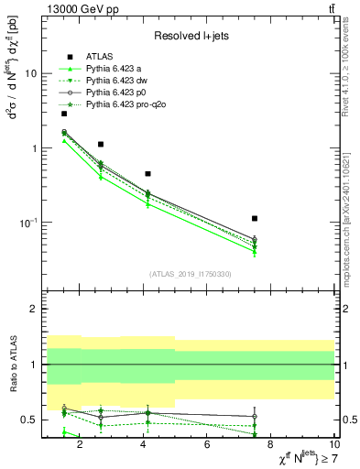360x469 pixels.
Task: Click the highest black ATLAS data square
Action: click(64, 114)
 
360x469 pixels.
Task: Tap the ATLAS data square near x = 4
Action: click(147, 173)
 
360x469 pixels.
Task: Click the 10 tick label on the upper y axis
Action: click(31, 73)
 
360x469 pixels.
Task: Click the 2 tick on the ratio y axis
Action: click(34, 310)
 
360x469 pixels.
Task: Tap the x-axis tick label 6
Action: click(207, 445)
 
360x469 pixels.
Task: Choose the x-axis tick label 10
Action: click(334, 445)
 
